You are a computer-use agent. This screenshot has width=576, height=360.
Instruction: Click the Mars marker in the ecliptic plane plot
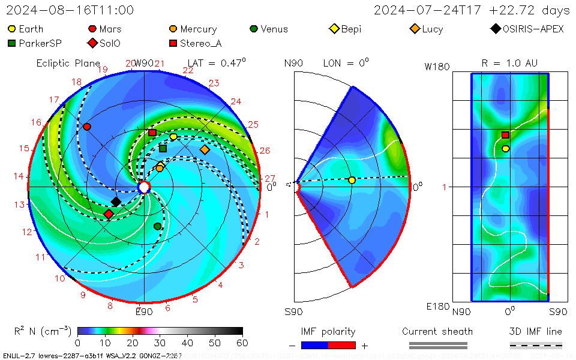click(87, 127)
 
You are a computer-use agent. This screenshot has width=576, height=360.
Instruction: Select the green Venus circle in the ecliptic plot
click(157, 226)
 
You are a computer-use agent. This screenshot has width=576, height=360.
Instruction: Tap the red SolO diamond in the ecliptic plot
click(109, 214)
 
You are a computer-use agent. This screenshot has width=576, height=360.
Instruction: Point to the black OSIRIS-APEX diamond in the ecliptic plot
click(116, 202)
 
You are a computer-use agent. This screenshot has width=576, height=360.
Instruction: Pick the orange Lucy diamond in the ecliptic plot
click(205, 149)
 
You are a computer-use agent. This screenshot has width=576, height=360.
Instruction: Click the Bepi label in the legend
click(351, 29)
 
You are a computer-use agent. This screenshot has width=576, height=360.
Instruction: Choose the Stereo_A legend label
click(201, 43)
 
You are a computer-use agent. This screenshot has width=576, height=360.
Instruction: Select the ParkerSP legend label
click(40, 43)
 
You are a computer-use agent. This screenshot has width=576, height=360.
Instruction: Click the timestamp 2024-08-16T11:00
click(70, 10)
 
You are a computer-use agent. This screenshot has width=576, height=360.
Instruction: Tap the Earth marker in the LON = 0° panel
click(352, 180)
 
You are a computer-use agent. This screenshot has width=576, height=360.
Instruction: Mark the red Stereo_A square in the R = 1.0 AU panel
click(505, 135)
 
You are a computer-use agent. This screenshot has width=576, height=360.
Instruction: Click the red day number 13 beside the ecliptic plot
click(20, 204)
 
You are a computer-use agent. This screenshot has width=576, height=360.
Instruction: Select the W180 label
click(437, 67)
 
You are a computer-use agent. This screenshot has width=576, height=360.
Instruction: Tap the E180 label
click(437, 307)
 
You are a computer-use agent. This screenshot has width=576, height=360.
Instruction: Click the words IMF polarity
click(328, 332)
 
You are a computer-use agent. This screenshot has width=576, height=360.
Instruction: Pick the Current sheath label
click(437, 332)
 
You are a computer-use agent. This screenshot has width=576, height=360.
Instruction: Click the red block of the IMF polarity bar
click(342, 346)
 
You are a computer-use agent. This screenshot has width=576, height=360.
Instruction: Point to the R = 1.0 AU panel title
click(509, 63)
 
